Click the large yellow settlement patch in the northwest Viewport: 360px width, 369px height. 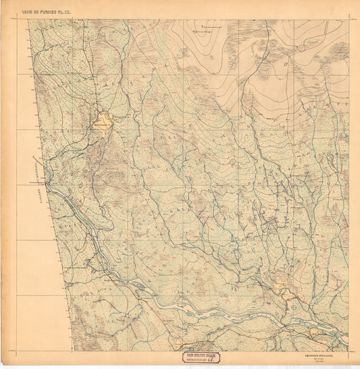[103, 123]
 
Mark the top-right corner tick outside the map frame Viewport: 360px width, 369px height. [353, 18]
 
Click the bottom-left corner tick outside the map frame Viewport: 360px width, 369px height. [9, 351]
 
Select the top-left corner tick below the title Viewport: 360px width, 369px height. [9, 19]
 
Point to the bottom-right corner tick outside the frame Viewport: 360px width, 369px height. [353, 351]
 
